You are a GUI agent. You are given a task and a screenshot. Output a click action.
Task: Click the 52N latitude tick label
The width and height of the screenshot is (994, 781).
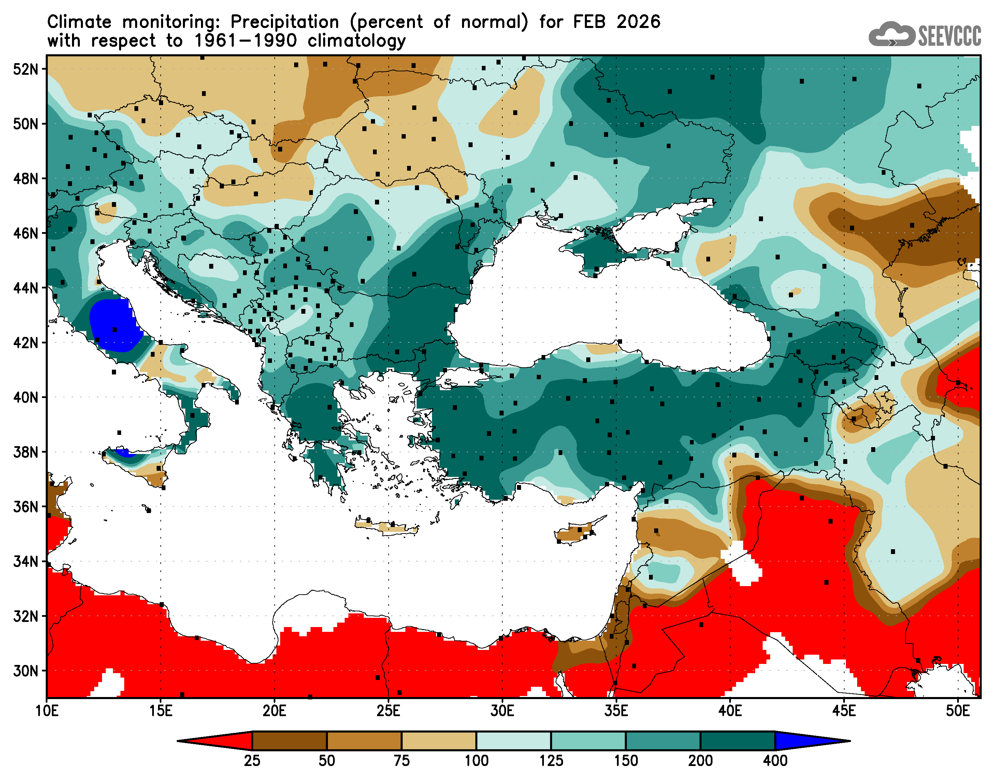[x=26, y=70]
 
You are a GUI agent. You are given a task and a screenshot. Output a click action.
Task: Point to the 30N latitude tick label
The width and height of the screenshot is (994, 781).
[x=26, y=671]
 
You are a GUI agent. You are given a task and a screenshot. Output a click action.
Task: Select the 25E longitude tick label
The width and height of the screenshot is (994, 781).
[x=388, y=711]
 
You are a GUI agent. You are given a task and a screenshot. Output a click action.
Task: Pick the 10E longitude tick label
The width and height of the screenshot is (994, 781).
[x=47, y=711]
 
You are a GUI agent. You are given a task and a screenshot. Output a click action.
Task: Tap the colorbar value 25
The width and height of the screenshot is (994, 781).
[x=252, y=761]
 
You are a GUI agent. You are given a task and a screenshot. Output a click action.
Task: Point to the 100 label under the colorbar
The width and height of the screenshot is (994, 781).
[x=476, y=761]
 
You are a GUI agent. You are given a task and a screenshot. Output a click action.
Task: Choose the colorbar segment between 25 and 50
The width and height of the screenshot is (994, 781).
[x=289, y=741]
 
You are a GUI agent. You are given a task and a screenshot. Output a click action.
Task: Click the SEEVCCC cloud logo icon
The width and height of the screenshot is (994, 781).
[x=891, y=34]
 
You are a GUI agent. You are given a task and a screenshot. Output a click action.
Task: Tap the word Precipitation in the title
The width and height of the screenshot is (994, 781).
[x=284, y=22]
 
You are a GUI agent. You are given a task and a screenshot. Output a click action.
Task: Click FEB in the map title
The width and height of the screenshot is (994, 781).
[x=590, y=22]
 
